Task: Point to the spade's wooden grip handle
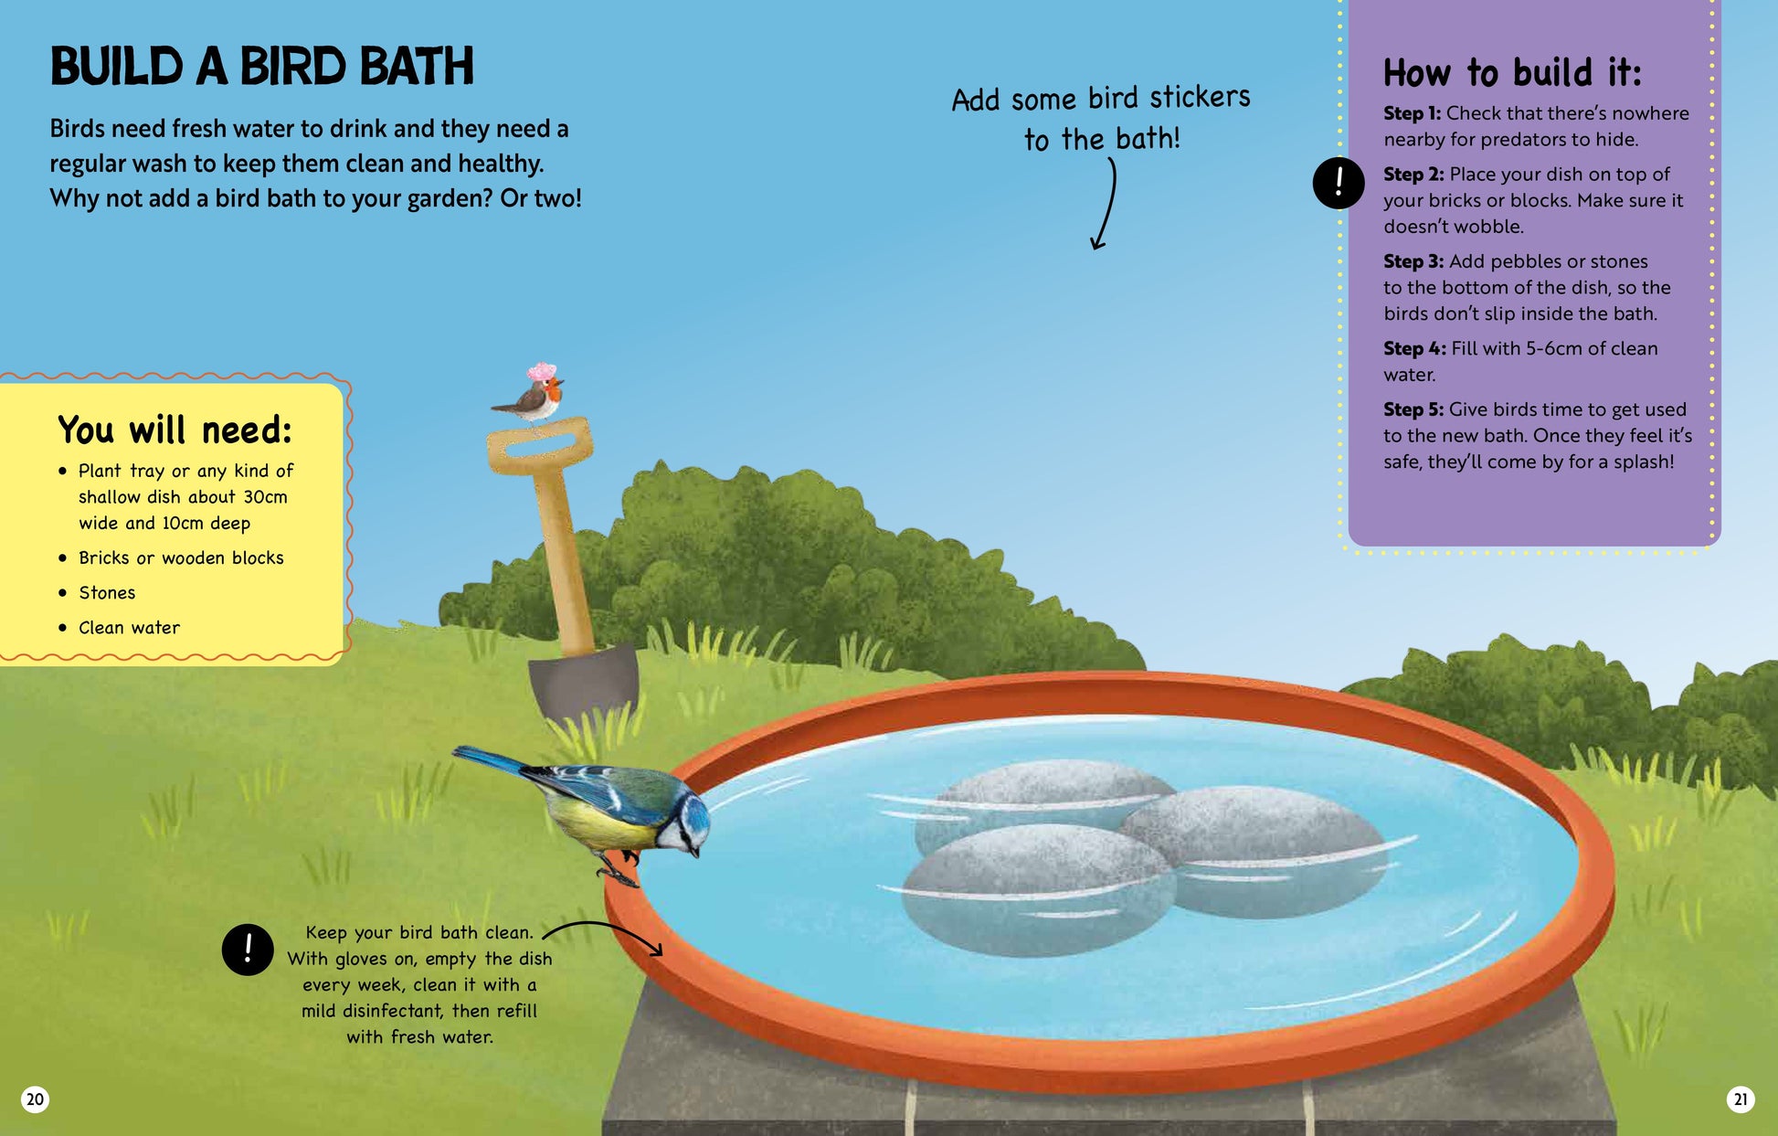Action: (539, 445)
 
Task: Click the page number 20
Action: (35, 1099)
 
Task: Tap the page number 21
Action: (1740, 1099)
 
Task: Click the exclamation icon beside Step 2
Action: (1339, 183)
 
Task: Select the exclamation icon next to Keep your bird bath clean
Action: (248, 950)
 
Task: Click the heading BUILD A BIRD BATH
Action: (262, 67)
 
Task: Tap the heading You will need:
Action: (175, 430)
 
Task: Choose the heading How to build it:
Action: (1512, 72)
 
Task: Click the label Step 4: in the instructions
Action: (1414, 348)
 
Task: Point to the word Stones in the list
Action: (107, 592)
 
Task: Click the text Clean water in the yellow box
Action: (129, 627)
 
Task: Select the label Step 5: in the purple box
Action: (1413, 409)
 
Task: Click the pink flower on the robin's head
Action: (541, 371)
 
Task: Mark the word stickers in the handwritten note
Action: (1200, 96)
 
